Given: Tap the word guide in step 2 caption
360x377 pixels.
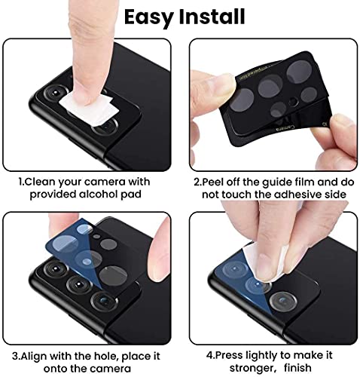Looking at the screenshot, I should (x=270, y=182).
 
